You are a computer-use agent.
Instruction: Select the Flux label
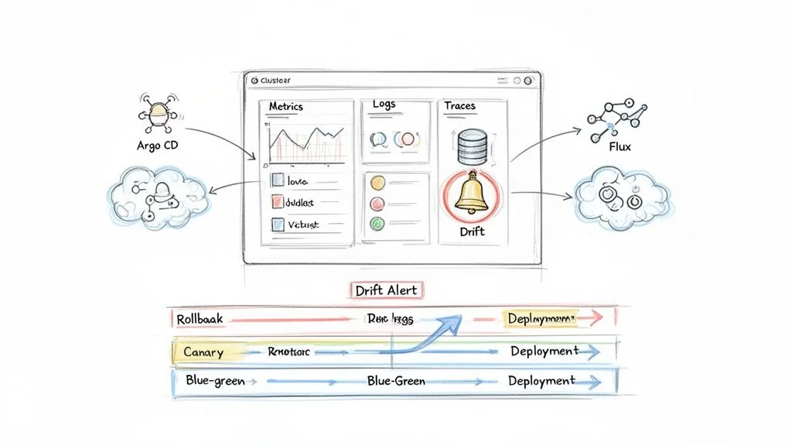(x=620, y=146)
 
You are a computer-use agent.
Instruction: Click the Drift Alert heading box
(x=386, y=290)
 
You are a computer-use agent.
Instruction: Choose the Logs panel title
(x=384, y=105)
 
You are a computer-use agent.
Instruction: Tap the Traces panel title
(x=459, y=105)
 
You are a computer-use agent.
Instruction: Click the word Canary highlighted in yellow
(x=203, y=352)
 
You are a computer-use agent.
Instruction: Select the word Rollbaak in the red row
(x=199, y=318)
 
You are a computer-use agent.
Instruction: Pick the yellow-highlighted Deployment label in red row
(x=541, y=318)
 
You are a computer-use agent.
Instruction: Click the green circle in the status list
(x=377, y=224)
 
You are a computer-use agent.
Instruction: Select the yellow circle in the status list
(x=377, y=184)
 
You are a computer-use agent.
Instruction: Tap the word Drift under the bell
(x=471, y=231)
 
